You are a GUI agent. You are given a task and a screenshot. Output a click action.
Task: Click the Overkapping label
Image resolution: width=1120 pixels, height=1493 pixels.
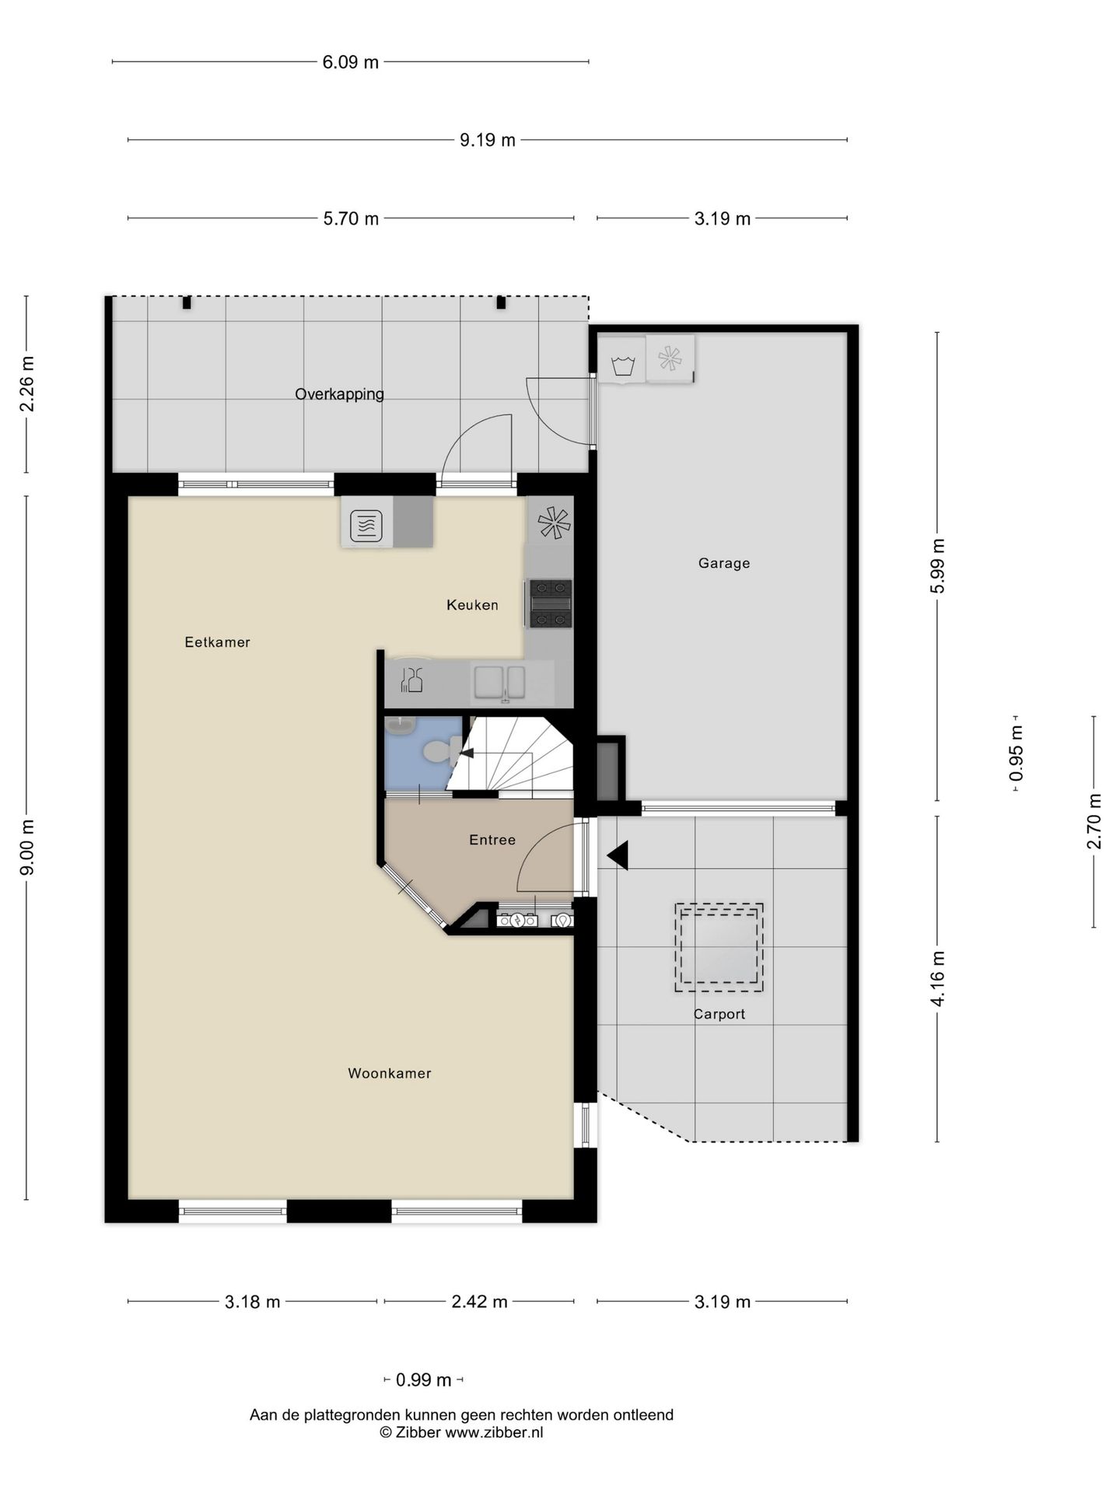point(339,394)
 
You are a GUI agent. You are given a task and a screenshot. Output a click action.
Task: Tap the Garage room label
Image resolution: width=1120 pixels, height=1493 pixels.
point(724,563)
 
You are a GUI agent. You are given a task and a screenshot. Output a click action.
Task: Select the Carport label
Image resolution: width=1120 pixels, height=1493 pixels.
point(719,1014)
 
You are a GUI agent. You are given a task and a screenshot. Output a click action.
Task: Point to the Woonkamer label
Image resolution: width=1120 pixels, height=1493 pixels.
point(390,1073)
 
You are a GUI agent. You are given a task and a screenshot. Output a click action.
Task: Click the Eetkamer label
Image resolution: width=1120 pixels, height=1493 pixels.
point(218,642)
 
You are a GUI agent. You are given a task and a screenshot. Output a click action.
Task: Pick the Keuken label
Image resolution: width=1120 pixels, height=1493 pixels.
point(472,605)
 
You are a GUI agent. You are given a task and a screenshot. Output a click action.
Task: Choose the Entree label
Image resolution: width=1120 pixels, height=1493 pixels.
point(492,840)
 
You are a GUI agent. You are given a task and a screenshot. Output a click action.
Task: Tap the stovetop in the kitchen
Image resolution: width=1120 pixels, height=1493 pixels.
point(551,603)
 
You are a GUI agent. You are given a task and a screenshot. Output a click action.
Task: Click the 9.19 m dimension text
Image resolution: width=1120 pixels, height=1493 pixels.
point(488,140)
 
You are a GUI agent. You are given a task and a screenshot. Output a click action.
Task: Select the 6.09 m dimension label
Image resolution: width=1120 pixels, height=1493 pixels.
point(351,62)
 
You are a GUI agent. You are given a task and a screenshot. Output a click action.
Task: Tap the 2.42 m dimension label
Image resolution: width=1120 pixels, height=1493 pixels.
point(480,1302)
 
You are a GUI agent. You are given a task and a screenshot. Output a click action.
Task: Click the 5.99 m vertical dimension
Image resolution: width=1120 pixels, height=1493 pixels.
point(938,566)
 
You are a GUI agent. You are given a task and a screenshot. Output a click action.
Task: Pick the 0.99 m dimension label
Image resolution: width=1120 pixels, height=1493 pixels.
point(424,1380)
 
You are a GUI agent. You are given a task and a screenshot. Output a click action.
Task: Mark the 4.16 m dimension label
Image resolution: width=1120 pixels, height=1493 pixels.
point(938,979)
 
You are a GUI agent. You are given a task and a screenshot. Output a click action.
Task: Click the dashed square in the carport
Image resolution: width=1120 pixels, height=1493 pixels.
point(719,947)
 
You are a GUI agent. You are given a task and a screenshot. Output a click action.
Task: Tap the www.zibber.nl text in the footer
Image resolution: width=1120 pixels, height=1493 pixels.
point(494,1432)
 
